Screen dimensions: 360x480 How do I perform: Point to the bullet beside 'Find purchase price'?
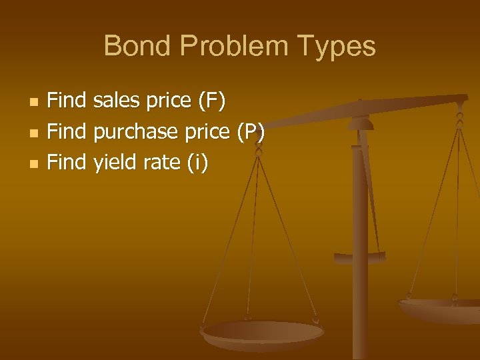[35, 133]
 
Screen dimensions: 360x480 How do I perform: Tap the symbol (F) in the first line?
[212, 101]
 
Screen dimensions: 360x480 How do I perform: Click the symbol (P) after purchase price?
[251, 132]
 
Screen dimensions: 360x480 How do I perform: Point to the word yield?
[114, 163]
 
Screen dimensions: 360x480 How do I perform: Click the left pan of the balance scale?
[263, 334]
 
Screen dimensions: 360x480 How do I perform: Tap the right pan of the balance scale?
[440, 309]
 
